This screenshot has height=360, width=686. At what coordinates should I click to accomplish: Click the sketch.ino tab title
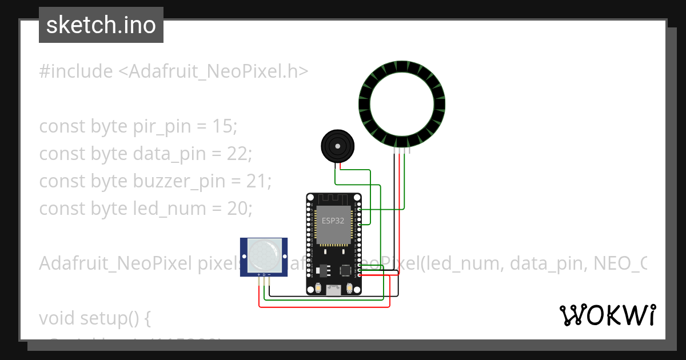pos(101,25)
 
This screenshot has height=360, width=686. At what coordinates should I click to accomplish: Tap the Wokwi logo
pos(607,315)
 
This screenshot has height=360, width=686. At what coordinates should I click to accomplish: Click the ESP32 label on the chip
pos(333,221)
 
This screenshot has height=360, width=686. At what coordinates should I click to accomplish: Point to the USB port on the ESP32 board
pos(333,291)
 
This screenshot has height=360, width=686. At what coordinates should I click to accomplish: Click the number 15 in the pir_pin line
pos(221,126)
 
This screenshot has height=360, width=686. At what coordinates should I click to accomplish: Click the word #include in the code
pos(76,71)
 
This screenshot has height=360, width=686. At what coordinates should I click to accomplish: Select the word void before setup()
pos(56,318)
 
